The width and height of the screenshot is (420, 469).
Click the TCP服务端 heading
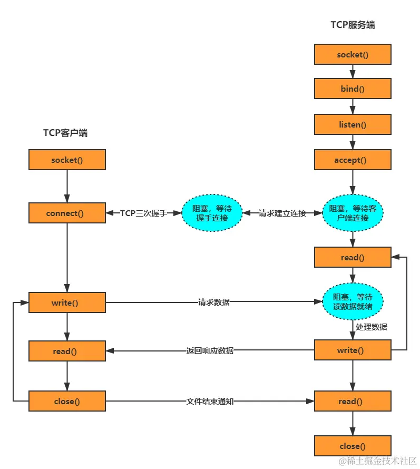(x=353, y=25)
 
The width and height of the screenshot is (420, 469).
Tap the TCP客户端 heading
(x=65, y=133)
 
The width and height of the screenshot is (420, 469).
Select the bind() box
(x=353, y=89)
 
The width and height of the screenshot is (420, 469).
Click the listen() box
(x=353, y=124)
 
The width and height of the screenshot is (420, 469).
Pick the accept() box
(x=353, y=160)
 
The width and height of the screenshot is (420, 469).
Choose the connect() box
(x=67, y=213)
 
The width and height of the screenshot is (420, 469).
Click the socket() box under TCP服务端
(x=353, y=54)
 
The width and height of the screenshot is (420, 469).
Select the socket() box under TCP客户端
(x=67, y=160)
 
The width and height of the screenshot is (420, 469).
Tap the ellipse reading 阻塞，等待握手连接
(x=212, y=213)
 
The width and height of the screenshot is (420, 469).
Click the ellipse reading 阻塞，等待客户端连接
(x=353, y=213)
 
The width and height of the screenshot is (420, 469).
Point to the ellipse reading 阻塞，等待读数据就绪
(x=353, y=302)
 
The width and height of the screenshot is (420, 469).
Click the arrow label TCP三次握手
(x=144, y=213)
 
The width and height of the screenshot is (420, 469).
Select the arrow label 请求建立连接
(x=282, y=213)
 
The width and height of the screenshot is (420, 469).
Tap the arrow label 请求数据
(x=213, y=302)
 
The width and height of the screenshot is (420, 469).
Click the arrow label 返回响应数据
(x=210, y=350)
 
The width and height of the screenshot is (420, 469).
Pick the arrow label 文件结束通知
(x=210, y=401)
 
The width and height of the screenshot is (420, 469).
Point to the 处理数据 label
(x=372, y=327)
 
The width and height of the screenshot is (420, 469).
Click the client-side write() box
(x=67, y=302)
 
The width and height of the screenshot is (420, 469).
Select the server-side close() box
(x=353, y=446)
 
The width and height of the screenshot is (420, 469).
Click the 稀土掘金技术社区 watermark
(x=378, y=461)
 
